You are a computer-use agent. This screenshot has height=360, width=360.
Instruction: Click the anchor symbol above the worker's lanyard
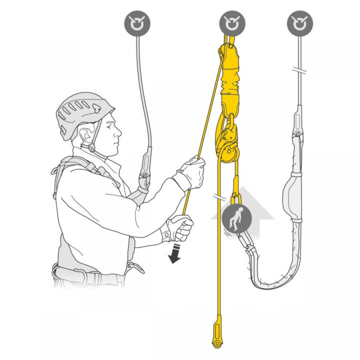[x=137, y=22]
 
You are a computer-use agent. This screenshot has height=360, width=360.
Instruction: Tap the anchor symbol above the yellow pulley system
[x=231, y=22]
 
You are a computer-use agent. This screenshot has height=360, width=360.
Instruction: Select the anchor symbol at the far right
[x=299, y=22]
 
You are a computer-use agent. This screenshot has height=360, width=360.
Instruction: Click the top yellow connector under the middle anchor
[x=225, y=52]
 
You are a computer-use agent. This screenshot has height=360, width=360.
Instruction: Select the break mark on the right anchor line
[x=299, y=71]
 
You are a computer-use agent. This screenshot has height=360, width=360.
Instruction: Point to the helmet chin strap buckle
[x=91, y=147]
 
